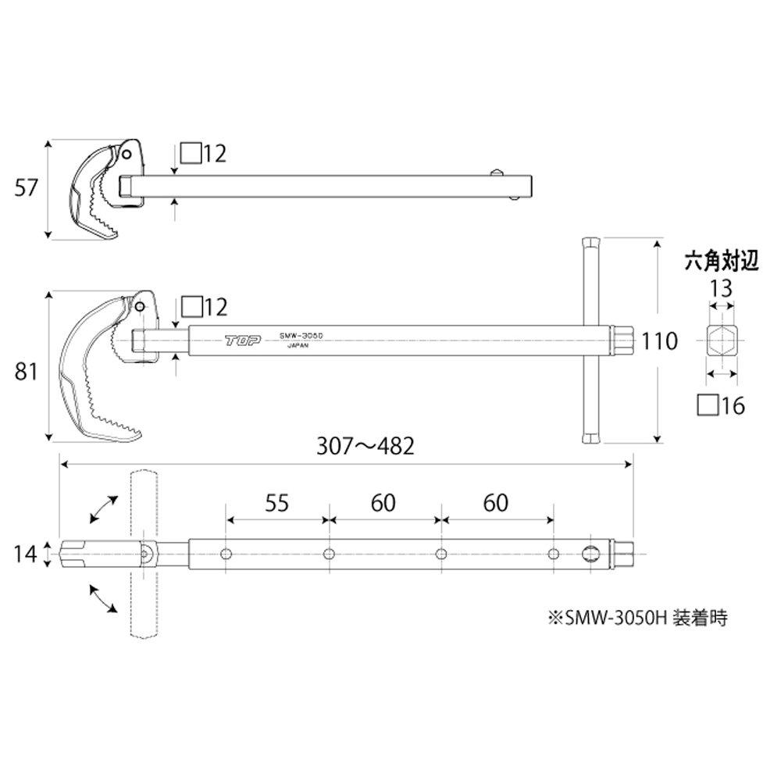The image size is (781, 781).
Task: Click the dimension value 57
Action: pos(27,189)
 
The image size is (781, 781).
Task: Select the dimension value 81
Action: pos(27,373)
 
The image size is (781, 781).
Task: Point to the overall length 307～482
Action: pos(365,446)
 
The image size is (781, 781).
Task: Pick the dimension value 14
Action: pos(26,553)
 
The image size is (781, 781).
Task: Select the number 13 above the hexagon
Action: pos(721,287)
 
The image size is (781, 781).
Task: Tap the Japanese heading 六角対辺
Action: pos(721,261)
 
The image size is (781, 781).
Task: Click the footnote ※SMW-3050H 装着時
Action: pos(639,618)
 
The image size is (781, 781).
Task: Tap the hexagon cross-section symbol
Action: pos(721,341)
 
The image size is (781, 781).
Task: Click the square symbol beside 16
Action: pos(707,404)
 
